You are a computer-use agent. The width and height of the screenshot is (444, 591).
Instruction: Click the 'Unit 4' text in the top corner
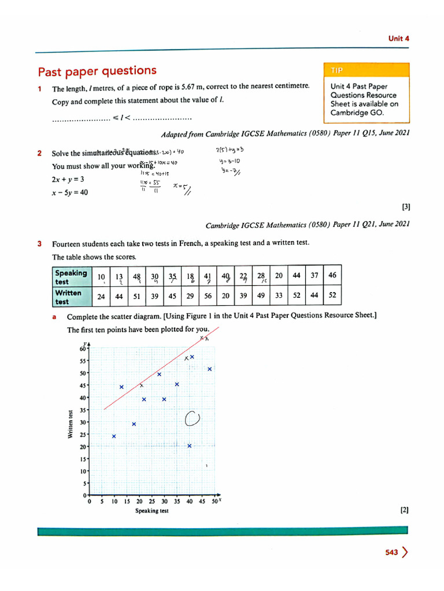point(398,39)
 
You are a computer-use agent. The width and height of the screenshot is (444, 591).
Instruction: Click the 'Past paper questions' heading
point(97,71)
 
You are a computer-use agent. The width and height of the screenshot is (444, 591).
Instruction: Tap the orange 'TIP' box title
point(337,70)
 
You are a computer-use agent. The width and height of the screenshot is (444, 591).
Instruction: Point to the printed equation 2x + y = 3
point(68,179)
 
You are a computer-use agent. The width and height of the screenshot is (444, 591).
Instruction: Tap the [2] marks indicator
point(404,510)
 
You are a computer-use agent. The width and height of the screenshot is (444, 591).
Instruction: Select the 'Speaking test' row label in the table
point(71,277)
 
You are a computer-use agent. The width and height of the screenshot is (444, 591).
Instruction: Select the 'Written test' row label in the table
point(68,297)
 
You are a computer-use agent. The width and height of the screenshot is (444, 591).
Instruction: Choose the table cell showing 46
point(332,275)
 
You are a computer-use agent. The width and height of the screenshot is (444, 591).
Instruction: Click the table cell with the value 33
point(279,295)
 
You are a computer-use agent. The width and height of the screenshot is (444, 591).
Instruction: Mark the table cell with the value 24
point(101,295)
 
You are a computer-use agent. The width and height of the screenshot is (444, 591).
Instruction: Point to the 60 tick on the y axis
point(83,349)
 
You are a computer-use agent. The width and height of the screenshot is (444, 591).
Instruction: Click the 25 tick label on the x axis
point(151,502)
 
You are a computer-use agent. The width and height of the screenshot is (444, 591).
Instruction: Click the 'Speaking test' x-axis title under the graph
point(152,511)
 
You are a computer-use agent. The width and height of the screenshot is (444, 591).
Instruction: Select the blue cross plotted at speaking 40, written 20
point(190,446)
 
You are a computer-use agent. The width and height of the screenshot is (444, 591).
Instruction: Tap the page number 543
point(391,552)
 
